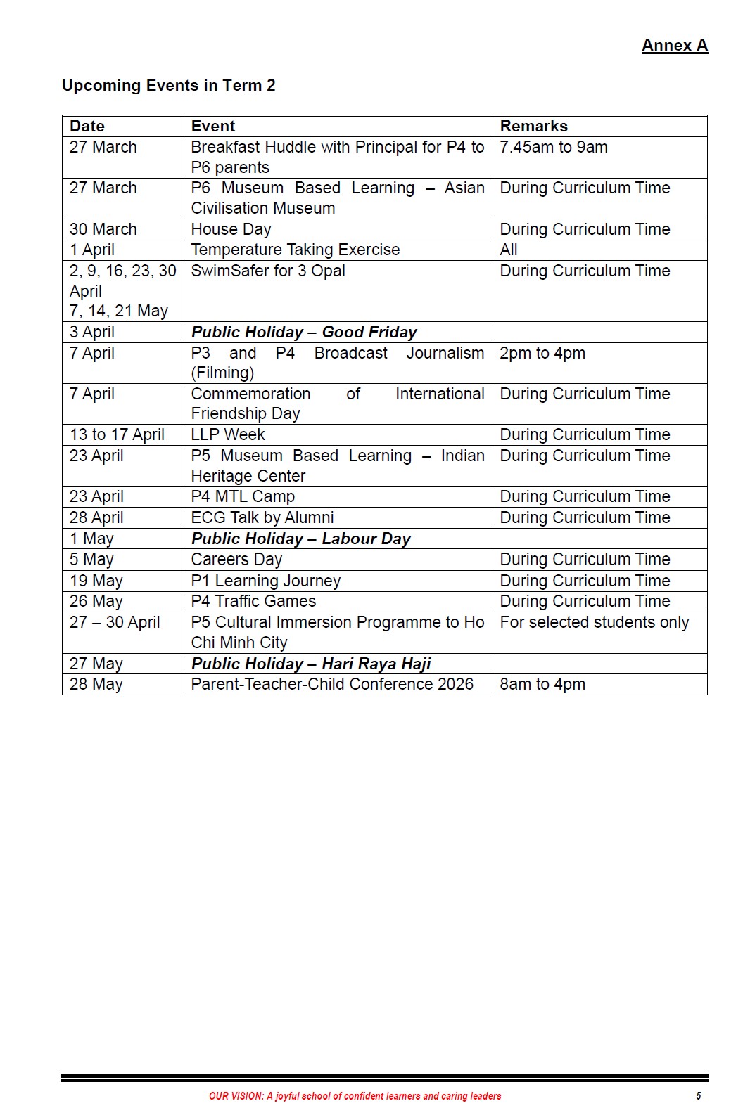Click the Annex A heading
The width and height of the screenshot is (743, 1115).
tap(674, 46)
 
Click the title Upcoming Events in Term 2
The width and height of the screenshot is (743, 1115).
tap(169, 86)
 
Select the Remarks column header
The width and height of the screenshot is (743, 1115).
tap(533, 127)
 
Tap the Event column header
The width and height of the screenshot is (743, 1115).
tap(213, 127)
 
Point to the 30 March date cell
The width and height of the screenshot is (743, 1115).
tap(103, 229)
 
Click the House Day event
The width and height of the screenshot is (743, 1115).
tap(231, 229)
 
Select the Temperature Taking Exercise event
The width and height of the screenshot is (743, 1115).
tap(296, 250)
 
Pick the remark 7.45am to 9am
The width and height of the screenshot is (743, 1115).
tap(554, 147)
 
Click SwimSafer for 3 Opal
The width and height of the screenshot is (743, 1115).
tap(268, 271)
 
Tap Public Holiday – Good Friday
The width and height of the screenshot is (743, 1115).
tap(304, 332)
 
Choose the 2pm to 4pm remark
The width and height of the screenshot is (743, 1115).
tap(542, 353)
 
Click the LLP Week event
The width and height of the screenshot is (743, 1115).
tap(228, 434)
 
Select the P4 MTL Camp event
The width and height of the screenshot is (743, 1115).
tap(243, 496)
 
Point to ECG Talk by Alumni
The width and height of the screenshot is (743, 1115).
tap(262, 517)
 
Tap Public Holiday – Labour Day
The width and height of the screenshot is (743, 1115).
tap(301, 539)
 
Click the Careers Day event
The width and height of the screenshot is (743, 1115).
tap(236, 560)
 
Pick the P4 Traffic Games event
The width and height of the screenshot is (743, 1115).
tap(253, 601)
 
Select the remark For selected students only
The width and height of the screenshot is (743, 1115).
tap(595, 622)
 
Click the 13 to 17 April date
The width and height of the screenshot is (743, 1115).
tap(117, 434)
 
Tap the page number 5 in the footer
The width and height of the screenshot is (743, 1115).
tap(698, 1095)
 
